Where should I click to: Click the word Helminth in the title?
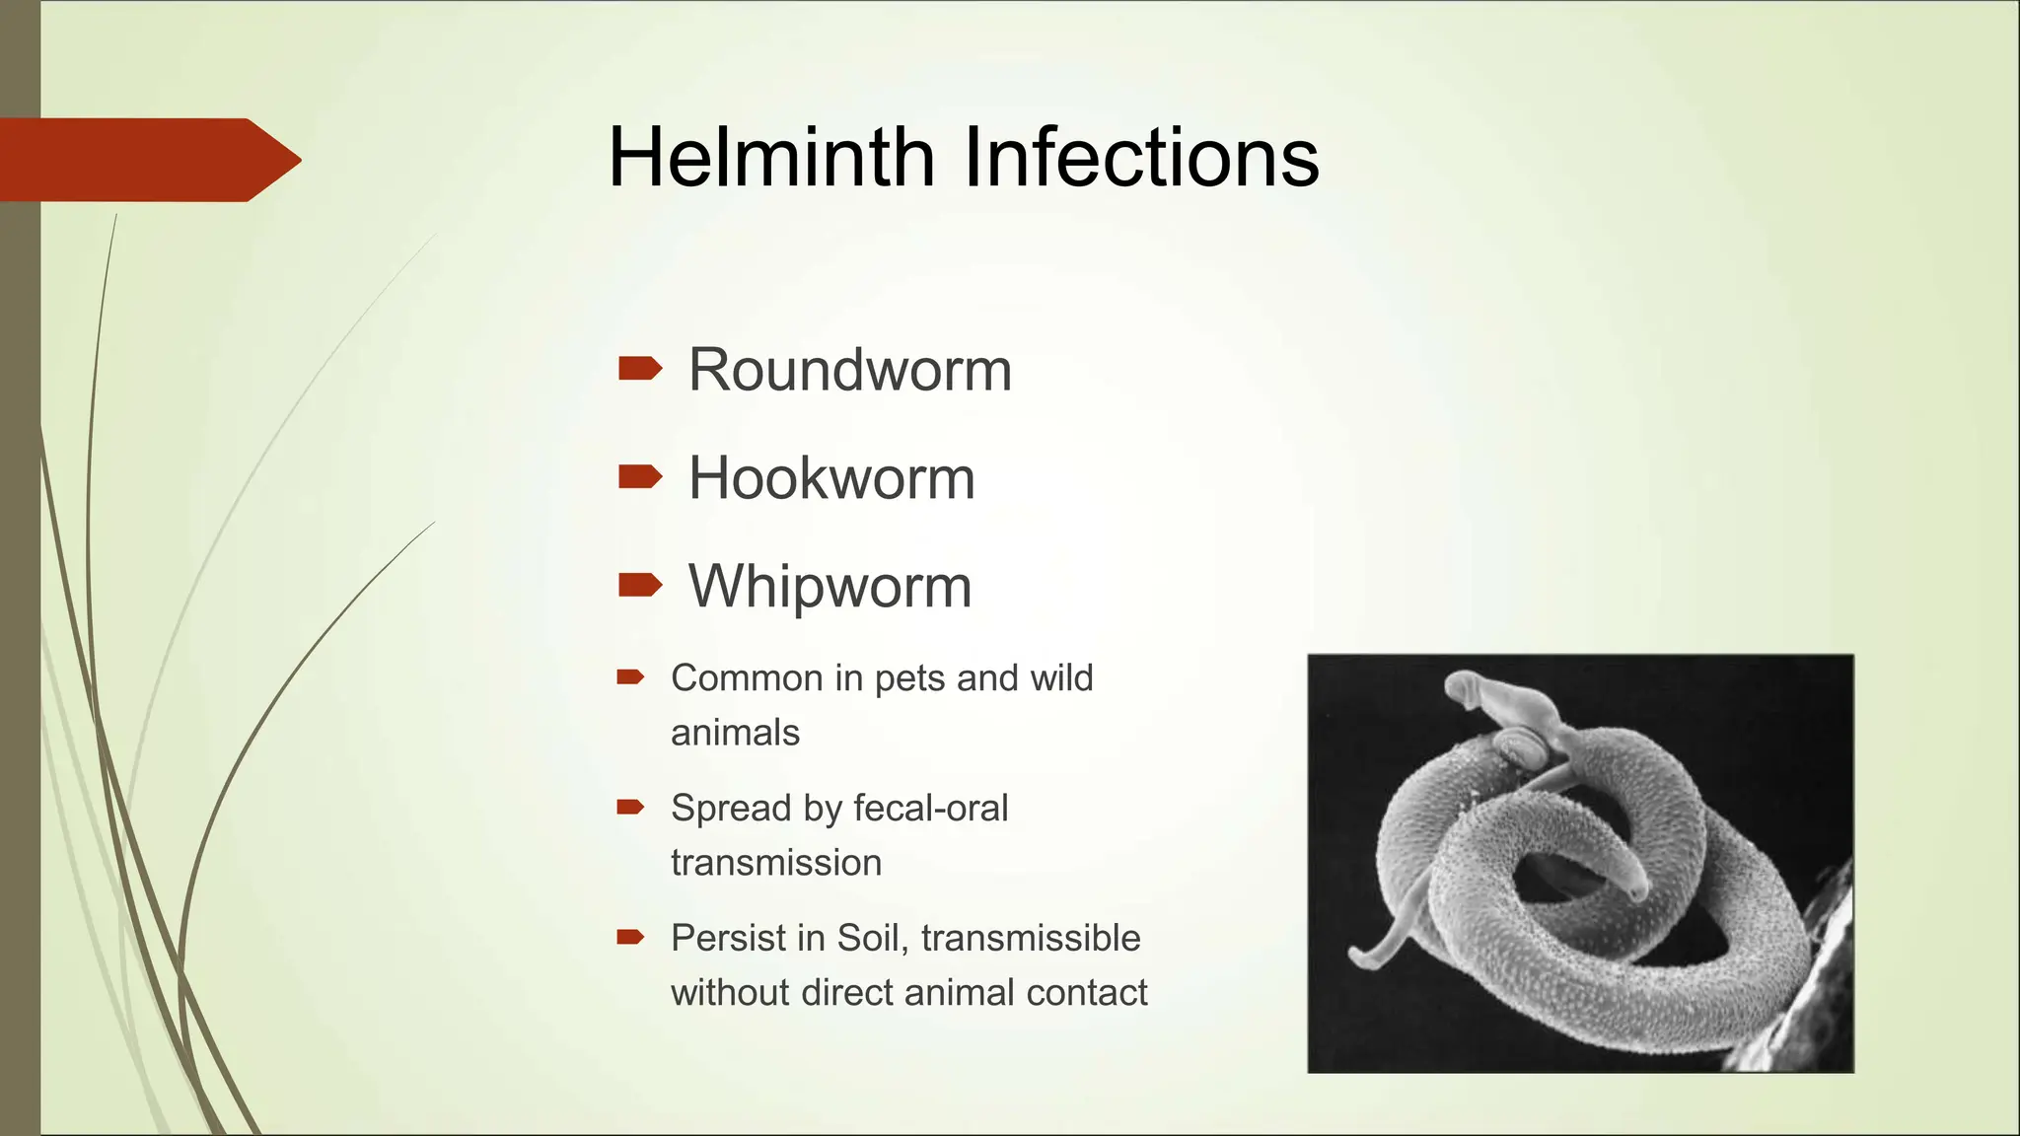pyautogui.click(x=771, y=157)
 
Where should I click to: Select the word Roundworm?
pyautogui.click(x=849, y=370)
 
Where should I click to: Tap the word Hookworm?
pyautogui.click(x=830, y=478)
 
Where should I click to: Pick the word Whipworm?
pyautogui.click(x=830, y=586)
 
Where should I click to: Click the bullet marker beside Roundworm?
pyautogui.click(x=639, y=369)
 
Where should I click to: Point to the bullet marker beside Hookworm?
pyautogui.click(x=639, y=477)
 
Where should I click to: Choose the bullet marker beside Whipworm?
pyautogui.click(x=639, y=585)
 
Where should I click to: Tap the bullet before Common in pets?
pyautogui.click(x=629, y=676)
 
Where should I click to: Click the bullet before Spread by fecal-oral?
pyautogui.click(x=629, y=807)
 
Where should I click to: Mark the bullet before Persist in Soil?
pyautogui.click(x=629, y=937)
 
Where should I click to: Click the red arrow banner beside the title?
pyautogui.click(x=148, y=160)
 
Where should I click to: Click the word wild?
pyautogui.click(x=1061, y=678)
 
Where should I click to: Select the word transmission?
pyautogui.click(x=775, y=863)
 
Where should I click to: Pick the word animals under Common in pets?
pyautogui.click(x=735, y=733)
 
